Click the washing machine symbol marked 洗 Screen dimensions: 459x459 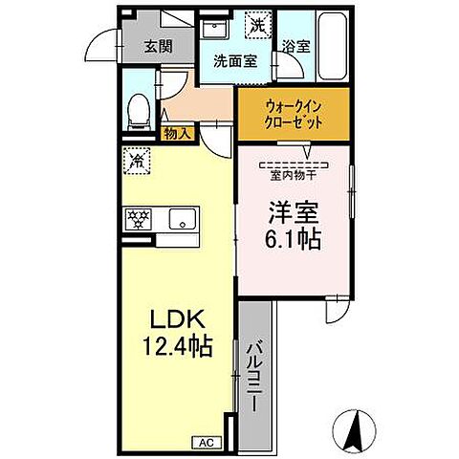[256, 25]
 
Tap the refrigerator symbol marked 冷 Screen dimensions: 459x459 [137, 161]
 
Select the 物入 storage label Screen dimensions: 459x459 [176, 133]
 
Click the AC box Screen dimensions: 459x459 [208, 441]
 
